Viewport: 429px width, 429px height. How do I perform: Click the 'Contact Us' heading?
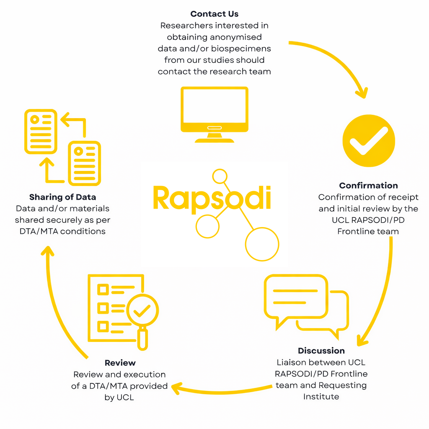[x=214, y=14]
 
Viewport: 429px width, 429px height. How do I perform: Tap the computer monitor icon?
[x=214, y=113]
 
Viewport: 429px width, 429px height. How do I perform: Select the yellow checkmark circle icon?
[x=369, y=141]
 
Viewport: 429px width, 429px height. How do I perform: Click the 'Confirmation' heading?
[x=369, y=186]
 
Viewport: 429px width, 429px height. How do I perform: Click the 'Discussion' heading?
[x=321, y=351]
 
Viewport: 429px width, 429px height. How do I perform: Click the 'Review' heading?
[x=120, y=363]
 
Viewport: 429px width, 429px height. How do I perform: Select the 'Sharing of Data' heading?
[x=62, y=197]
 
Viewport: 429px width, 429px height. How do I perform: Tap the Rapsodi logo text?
[x=212, y=198]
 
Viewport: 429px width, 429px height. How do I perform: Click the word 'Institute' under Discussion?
[x=321, y=396]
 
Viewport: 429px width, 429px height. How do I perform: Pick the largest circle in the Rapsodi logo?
[x=262, y=244]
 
